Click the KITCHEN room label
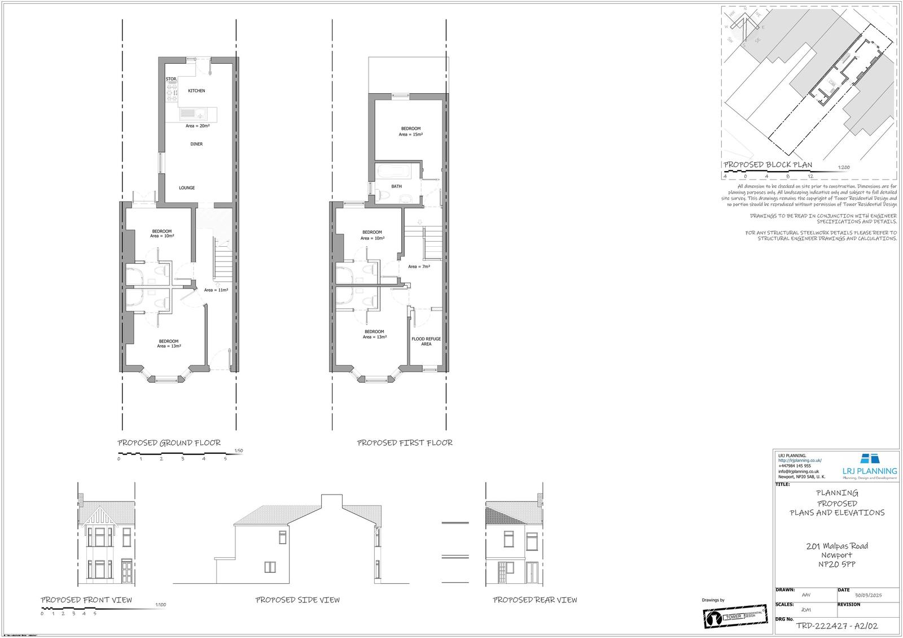coord(196,91)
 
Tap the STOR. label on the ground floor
coord(171,79)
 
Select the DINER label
coord(196,144)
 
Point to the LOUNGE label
coord(187,188)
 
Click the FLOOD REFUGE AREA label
coord(426,341)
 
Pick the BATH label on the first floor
coord(396,186)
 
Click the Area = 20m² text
coord(198,126)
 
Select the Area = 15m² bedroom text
coord(411,134)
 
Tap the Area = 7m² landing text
coord(419,266)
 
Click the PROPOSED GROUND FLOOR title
coord(169,443)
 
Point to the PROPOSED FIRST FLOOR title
coord(405,443)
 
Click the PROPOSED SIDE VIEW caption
coord(297,600)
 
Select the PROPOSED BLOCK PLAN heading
coord(768,165)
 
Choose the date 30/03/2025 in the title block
coord(868,595)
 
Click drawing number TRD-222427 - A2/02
coord(836,626)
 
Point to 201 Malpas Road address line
coord(837,546)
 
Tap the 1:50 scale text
coord(238,451)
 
